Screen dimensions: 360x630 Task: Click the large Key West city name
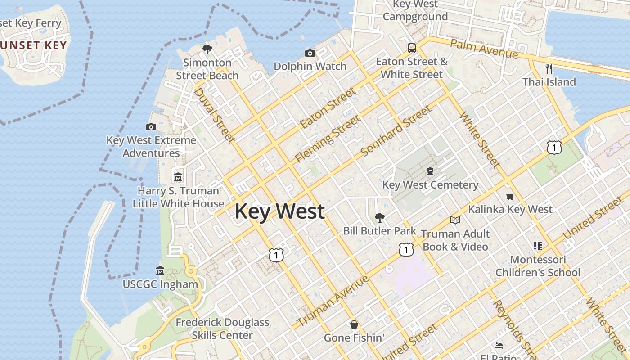pos(279,211)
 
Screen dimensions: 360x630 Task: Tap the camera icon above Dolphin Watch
pos(310,54)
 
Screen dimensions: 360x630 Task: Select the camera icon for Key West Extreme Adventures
pos(151,127)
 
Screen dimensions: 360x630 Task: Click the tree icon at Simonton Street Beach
pos(207,49)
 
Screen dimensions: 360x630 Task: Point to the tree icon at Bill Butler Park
pos(379,218)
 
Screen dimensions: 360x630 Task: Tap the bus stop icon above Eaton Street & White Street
pos(411,48)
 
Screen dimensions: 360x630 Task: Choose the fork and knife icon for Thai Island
pos(549,69)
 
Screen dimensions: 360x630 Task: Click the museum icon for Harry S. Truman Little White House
pos(178,177)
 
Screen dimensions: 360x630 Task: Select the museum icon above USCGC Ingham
pos(160,271)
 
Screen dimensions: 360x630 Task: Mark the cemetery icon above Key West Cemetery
pos(430,171)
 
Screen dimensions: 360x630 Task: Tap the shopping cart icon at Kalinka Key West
pos(510,196)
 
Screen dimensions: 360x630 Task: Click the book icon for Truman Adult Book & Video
pos(455,220)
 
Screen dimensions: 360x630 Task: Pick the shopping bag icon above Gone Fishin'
pos(354,324)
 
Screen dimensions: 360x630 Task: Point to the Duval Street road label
pos(214,115)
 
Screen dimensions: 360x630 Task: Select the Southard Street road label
pos(396,131)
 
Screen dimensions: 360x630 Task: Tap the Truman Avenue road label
pos(333,301)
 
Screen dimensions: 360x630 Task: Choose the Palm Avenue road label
pos(484,49)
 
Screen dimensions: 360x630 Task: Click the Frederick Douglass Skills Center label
pos(222,328)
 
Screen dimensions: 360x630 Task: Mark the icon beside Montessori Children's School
pos(537,246)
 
